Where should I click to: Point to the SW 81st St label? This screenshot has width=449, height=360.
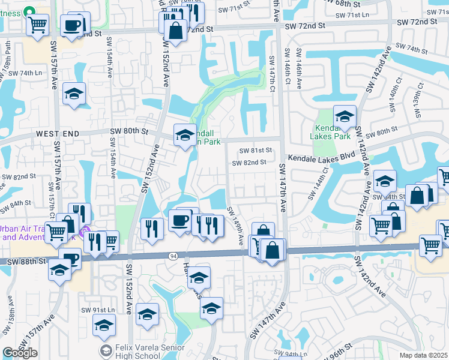(x=252, y=151)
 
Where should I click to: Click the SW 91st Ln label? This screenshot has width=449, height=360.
(x=97, y=310)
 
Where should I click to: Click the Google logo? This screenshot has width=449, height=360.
(x=20, y=352)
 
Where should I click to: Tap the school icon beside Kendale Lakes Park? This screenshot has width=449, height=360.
(x=345, y=116)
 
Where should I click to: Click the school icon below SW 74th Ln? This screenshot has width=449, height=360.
(x=74, y=94)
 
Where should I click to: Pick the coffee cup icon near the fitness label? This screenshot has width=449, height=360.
(x=73, y=25)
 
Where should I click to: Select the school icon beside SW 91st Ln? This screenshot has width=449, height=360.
(x=104, y=325)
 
